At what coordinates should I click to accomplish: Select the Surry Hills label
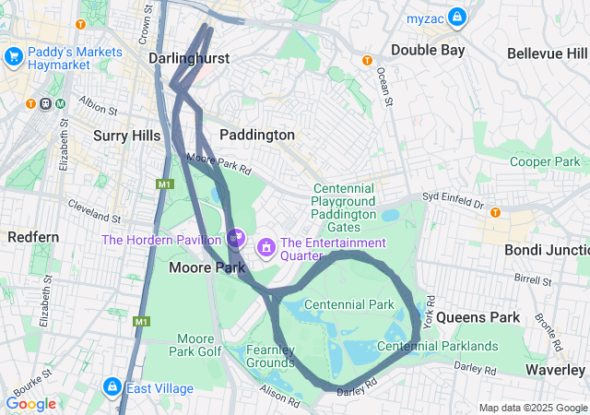[127, 136]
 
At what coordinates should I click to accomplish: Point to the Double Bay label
[428, 50]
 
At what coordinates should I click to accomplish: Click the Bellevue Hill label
[548, 53]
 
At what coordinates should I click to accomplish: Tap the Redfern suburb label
[33, 237]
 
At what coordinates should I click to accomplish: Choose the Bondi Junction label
[547, 250]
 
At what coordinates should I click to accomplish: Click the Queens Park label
[478, 317]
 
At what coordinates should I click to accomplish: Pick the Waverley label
[556, 369]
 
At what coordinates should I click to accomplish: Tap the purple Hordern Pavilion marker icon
[236, 238]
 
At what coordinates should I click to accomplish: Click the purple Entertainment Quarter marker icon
[266, 246]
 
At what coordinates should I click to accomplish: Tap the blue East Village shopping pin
[112, 387]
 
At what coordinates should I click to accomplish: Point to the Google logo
[30, 404]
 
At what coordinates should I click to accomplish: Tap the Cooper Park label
[544, 161]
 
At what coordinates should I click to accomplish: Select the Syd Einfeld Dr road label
[453, 198]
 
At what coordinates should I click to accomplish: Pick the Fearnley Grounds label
[270, 356]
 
